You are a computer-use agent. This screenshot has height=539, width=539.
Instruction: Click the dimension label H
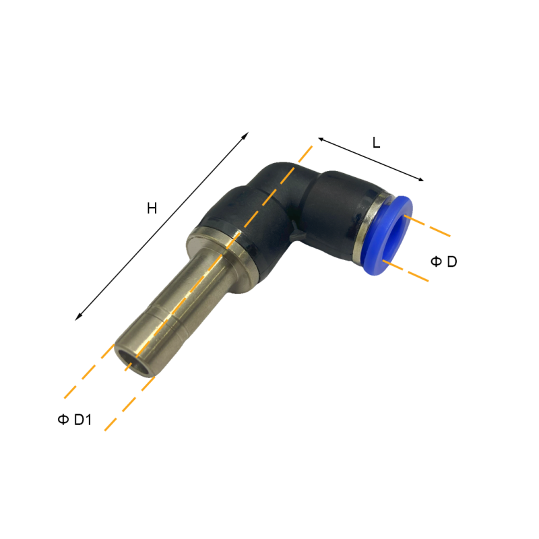coord(152,208)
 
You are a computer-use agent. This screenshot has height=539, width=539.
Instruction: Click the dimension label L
coord(377,142)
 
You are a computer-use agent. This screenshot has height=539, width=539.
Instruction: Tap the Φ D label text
coord(444,261)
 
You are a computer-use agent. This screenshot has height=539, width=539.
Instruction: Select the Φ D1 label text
coord(75,420)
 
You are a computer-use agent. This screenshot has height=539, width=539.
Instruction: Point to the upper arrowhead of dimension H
coord(245,135)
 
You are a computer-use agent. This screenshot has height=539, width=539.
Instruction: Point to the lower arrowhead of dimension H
coord(78,317)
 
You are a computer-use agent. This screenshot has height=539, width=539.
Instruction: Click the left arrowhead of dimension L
coord(321,139)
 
